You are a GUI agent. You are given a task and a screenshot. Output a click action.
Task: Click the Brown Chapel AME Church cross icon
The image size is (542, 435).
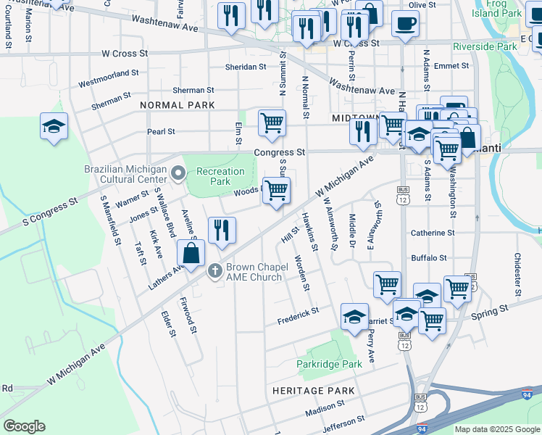pos(214,271)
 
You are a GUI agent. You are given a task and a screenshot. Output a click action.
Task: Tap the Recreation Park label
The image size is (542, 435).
pos(221,176)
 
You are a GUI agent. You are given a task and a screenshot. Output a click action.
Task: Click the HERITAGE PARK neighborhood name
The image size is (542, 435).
pos(313,391)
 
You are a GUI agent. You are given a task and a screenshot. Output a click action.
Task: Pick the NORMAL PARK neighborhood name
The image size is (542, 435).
pos(178,105)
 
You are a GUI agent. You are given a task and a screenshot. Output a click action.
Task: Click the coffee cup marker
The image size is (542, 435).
pos(405,22)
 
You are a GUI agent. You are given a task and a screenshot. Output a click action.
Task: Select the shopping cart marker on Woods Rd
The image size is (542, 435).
pos(276,191)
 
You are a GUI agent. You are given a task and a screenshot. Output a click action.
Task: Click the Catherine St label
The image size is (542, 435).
pos(432,233)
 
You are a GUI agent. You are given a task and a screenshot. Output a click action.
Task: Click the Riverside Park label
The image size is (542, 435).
pos(485,47)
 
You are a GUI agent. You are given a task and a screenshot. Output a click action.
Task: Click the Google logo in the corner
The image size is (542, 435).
pos(24,426)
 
